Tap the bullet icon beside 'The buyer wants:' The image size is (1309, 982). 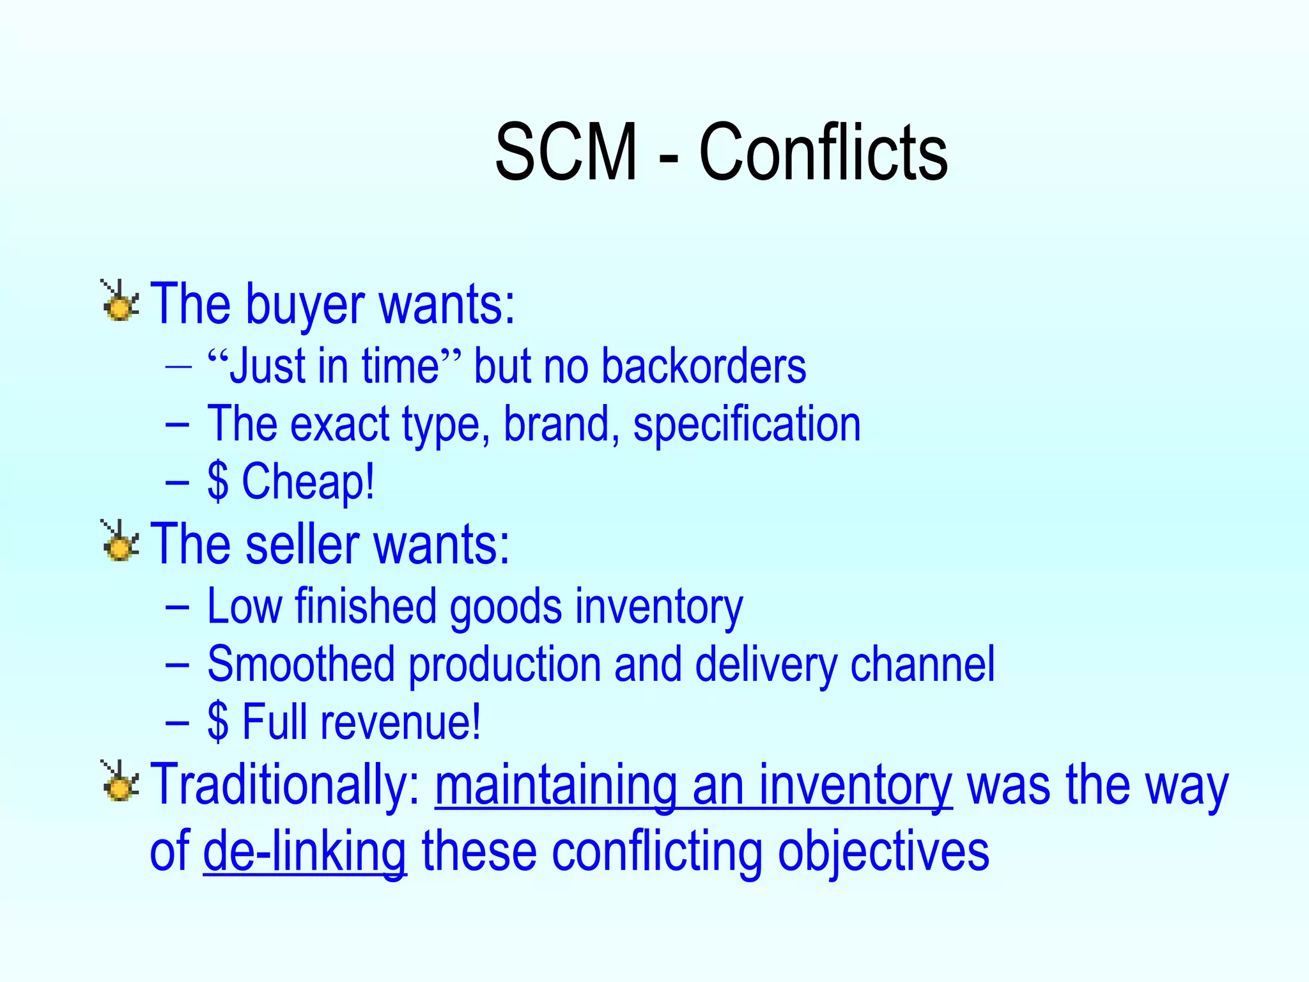120,302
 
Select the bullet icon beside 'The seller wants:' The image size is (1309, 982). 120,542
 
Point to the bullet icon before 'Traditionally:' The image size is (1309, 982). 120,782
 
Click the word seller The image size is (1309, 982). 302,545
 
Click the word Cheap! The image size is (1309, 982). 307,482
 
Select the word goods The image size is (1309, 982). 506,607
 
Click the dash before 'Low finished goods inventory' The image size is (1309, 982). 177,606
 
